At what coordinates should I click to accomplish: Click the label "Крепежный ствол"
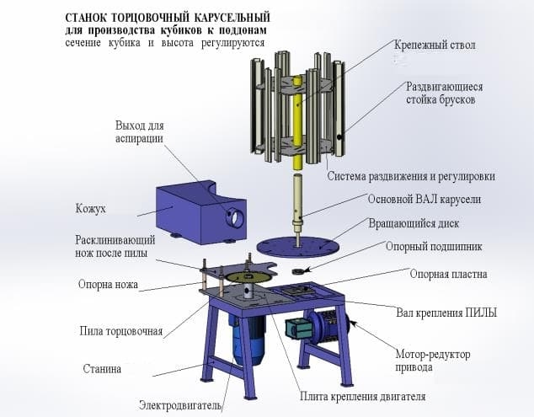click(x=435, y=45)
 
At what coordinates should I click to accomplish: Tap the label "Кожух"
click(x=91, y=209)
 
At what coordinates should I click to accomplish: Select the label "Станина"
click(x=102, y=369)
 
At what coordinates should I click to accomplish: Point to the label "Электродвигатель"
click(x=181, y=406)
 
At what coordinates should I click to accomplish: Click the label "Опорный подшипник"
click(x=434, y=246)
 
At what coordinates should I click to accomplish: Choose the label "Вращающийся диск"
click(x=414, y=223)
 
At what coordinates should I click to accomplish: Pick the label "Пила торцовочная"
click(x=121, y=331)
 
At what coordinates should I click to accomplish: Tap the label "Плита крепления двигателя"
click(x=363, y=397)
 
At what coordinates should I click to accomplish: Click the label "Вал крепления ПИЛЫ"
click(x=446, y=313)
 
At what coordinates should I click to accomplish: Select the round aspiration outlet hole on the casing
click(x=235, y=217)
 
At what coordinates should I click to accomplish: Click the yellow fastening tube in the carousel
click(x=298, y=123)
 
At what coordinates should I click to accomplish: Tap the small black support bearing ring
click(x=299, y=271)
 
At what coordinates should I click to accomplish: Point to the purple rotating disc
click(x=297, y=247)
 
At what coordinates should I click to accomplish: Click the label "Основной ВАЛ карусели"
click(x=424, y=199)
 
